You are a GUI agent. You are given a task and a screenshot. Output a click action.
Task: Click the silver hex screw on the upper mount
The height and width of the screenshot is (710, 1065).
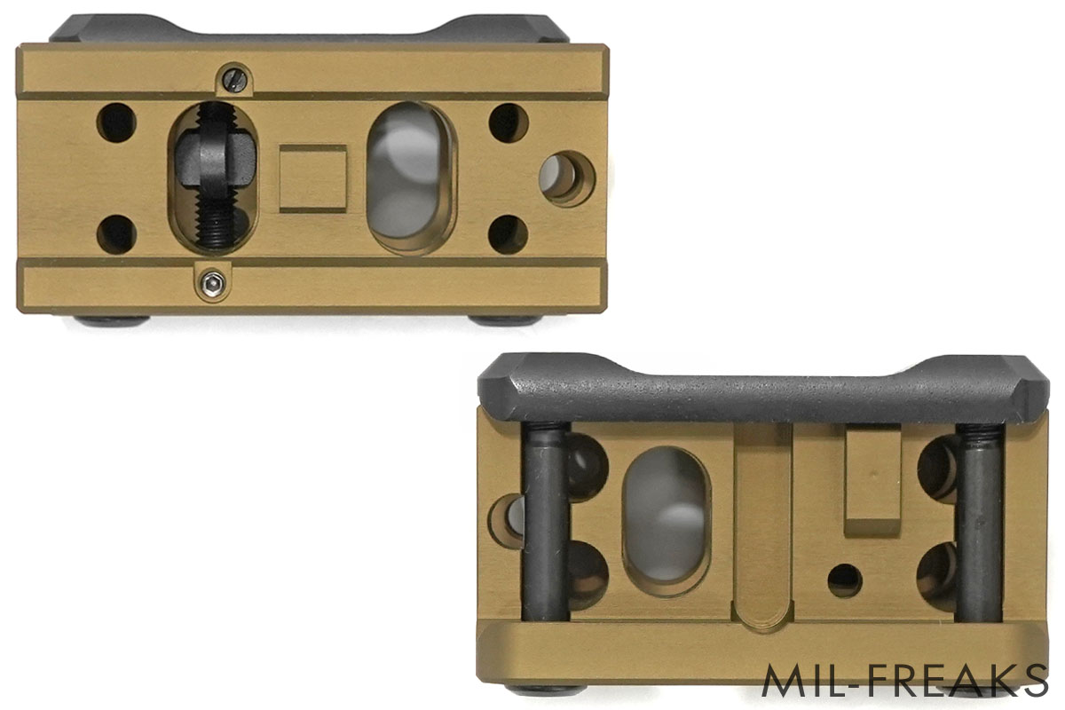(212, 283)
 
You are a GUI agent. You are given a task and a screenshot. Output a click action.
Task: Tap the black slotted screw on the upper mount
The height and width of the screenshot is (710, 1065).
(235, 79)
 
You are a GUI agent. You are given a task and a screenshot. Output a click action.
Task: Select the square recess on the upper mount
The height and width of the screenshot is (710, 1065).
(312, 178)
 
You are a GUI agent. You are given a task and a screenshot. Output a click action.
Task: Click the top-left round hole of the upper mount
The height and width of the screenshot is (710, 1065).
(116, 122)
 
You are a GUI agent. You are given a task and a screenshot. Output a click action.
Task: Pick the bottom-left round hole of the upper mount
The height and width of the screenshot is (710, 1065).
(116, 234)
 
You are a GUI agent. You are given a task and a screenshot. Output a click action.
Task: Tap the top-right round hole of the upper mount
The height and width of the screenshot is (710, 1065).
(509, 122)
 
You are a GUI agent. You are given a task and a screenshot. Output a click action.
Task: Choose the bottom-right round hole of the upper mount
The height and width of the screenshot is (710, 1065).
(509, 234)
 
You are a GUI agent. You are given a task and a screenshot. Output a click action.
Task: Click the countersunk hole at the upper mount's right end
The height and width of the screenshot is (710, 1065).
(567, 178)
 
